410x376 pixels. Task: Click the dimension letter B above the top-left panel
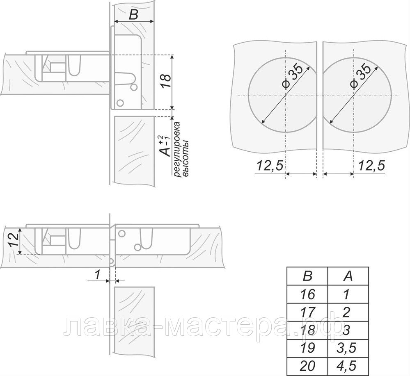[133, 15]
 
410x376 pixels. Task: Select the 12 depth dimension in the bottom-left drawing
[14, 239]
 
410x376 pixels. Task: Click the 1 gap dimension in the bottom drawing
[97, 274]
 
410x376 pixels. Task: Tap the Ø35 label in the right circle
[360, 76]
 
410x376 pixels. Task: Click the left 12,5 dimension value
[270, 165]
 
